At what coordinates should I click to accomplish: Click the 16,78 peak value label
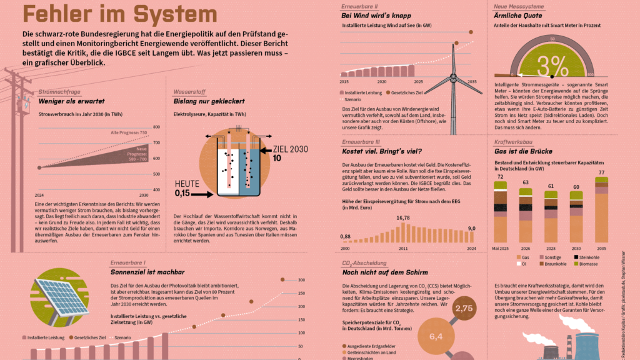coord(403,218)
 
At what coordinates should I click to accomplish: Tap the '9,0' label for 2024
coord(472,229)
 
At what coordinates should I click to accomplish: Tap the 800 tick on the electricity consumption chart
coord(156,127)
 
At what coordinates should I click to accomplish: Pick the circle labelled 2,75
coord(464,308)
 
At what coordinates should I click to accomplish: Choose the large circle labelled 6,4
coord(436,336)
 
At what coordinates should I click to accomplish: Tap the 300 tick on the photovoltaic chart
coord(301,279)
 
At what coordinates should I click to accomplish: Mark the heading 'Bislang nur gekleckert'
coord(209,101)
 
